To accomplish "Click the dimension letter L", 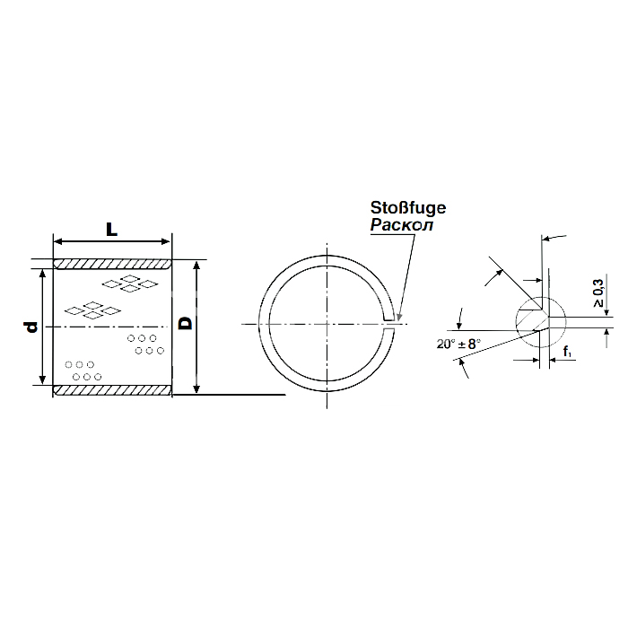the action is point(111,229).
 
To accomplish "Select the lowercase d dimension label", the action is point(31,327).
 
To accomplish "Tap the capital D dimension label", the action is point(186,323).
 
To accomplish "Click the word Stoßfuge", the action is point(407,208).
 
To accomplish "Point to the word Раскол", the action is point(402,225).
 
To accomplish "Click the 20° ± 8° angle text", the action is point(458,344).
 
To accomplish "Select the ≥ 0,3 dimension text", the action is point(598,293).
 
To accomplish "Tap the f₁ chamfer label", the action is point(567,352).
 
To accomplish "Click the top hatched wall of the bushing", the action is point(112,265).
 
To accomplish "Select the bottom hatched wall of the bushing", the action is point(112,390).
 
